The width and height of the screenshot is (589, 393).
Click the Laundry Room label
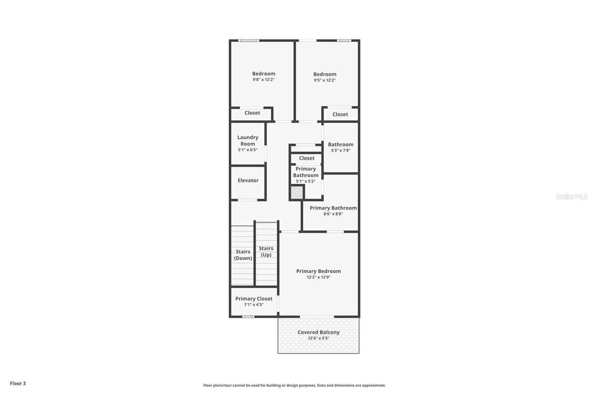(x=248, y=141)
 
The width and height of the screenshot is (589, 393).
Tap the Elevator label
(x=248, y=181)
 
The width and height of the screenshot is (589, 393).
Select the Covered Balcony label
(x=318, y=332)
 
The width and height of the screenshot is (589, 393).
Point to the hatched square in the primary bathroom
(x=297, y=193)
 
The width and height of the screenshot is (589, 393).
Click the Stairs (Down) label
(x=243, y=255)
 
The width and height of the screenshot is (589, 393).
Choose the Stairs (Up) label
(x=266, y=252)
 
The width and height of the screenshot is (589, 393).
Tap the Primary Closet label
(x=254, y=299)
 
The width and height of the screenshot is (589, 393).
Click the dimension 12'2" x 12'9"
(x=318, y=277)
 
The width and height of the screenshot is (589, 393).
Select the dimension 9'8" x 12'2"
(x=264, y=80)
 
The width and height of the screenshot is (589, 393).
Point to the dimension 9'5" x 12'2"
(x=325, y=80)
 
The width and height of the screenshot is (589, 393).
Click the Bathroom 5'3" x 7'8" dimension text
(x=341, y=151)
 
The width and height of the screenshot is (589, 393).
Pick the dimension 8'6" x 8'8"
(x=333, y=214)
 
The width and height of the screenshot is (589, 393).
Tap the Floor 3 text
(x=18, y=383)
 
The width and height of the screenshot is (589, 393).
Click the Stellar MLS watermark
(x=572, y=197)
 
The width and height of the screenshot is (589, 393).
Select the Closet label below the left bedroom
(x=252, y=113)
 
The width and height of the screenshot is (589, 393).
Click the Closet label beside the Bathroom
(x=340, y=114)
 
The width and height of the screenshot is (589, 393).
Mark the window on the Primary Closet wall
(x=248, y=317)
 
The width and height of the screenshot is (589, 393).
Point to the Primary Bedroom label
(x=318, y=271)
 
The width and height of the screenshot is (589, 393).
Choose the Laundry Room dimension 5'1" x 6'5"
(x=248, y=150)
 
